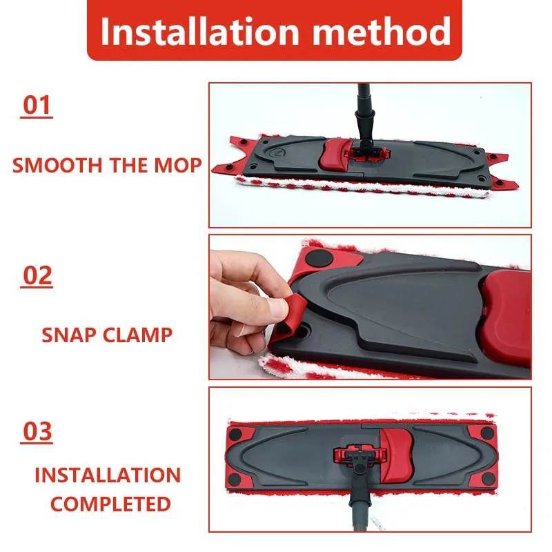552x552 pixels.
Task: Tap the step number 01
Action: (x=37, y=106)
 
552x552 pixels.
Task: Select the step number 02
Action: (x=37, y=275)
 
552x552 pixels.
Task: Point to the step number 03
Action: (x=37, y=431)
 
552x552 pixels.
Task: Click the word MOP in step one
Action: (x=182, y=166)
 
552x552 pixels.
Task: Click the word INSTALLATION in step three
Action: (x=107, y=475)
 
